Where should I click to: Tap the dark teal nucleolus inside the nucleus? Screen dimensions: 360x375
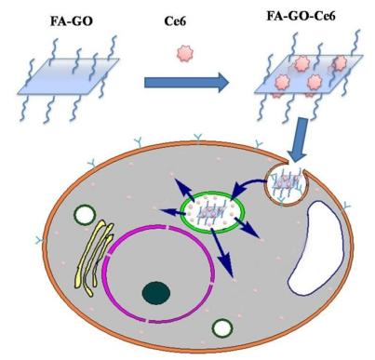click(157, 295)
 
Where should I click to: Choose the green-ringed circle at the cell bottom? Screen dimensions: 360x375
click(222, 327)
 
